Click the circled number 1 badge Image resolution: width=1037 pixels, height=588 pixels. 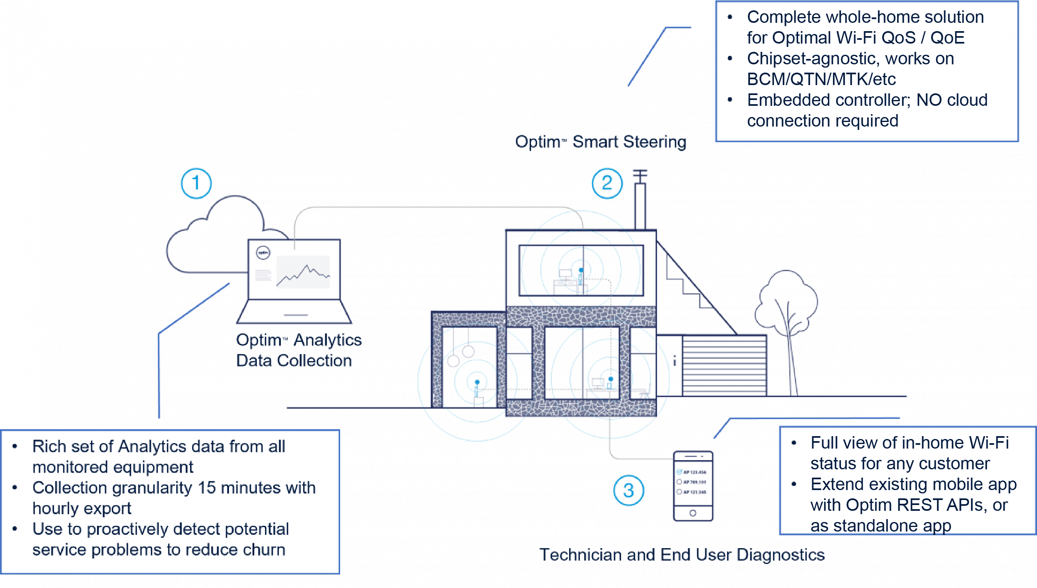pyautogui.click(x=196, y=183)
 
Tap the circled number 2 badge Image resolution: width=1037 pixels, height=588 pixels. pyautogui.click(x=607, y=183)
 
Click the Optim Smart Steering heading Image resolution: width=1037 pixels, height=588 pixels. pyautogui.click(x=601, y=142)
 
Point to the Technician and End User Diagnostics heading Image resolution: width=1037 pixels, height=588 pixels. pyautogui.click(x=682, y=555)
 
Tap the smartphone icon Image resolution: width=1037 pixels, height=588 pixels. pyautogui.click(x=693, y=486)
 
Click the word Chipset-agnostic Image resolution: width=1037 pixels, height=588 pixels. pyautogui.click(x=813, y=59)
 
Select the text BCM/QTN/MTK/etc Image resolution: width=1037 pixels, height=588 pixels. pyautogui.click(x=821, y=79)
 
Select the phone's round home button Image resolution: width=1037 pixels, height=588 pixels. pyautogui.click(x=693, y=513)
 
